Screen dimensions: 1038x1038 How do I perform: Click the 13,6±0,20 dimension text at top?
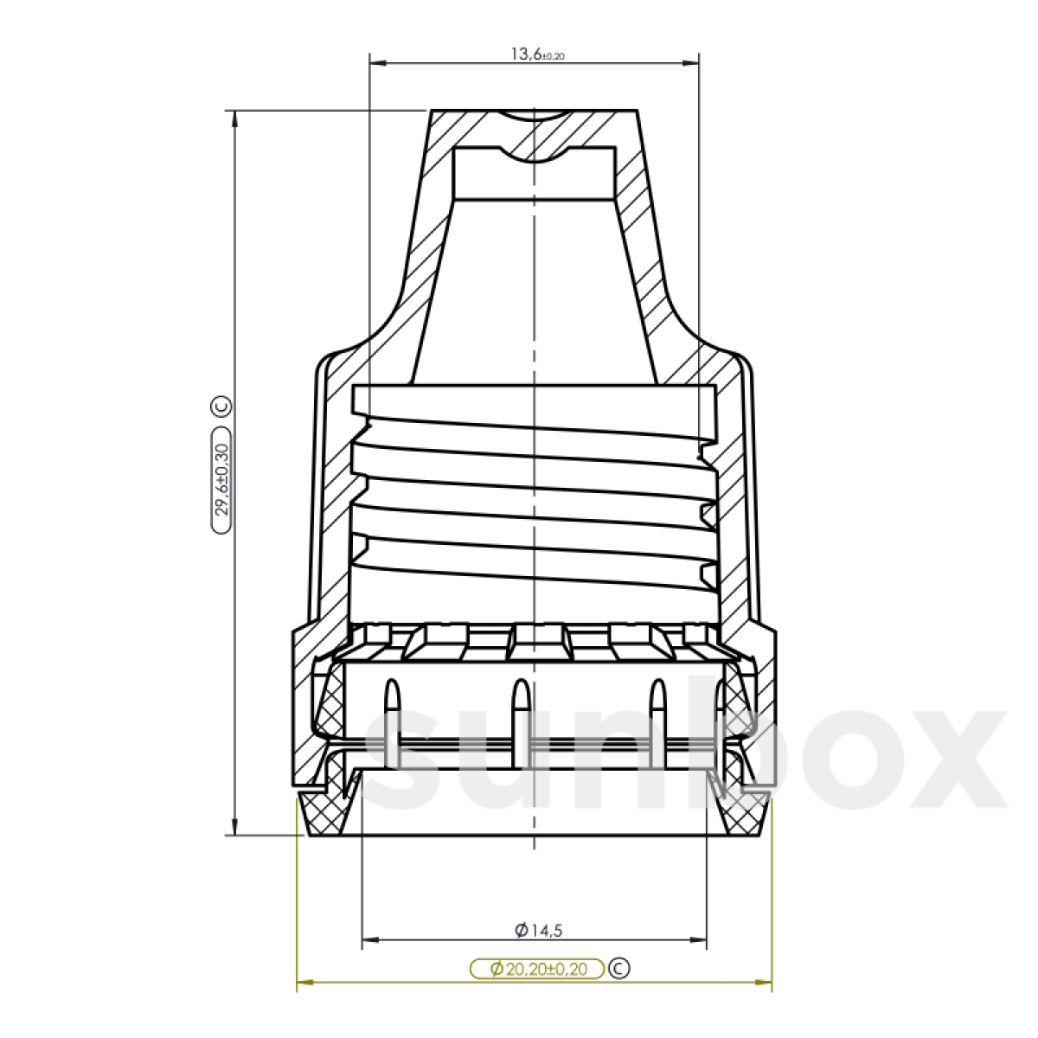point(536,54)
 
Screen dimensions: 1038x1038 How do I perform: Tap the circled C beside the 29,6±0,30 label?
point(221,406)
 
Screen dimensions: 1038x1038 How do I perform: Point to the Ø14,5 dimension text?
point(538,931)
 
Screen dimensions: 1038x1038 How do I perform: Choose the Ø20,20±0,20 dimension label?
point(537,969)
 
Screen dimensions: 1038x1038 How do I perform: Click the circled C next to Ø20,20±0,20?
point(619,968)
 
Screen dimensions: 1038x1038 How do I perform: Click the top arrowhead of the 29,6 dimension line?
point(234,118)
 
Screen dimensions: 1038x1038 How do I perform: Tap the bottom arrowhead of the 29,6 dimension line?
point(234,828)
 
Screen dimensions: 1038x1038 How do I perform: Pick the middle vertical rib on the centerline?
point(521,722)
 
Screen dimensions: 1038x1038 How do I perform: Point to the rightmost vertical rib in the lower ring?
point(657,722)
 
